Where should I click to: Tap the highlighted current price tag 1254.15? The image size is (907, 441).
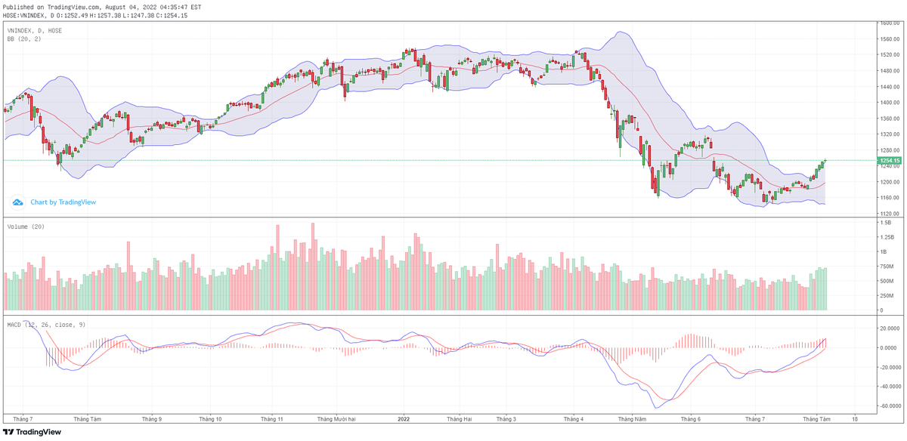(x=888, y=160)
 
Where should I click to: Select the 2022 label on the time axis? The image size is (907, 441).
(x=404, y=418)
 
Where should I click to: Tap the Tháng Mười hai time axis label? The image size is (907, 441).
(x=336, y=418)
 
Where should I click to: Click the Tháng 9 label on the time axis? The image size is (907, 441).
(x=152, y=418)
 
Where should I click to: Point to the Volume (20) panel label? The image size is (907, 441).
(x=26, y=226)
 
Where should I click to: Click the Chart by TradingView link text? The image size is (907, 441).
(x=63, y=202)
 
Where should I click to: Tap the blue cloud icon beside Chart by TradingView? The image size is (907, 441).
(x=17, y=202)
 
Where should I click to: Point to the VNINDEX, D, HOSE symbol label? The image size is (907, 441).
(x=34, y=30)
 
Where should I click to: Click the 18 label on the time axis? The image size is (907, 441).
(x=855, y=418)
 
